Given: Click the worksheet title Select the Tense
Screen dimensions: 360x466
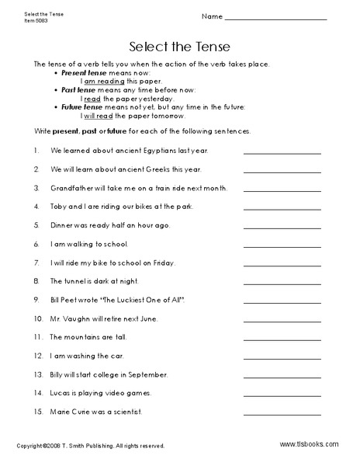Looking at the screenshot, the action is pos(179,45).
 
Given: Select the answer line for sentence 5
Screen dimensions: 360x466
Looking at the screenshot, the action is pos(282,227).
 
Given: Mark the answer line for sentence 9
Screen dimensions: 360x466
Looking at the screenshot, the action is pos(282,301).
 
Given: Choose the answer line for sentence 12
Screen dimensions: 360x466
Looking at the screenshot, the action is pos(282,356).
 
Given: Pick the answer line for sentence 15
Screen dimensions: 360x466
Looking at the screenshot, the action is pos(282,412).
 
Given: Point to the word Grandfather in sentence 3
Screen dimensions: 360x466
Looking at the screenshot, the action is pos(72,188).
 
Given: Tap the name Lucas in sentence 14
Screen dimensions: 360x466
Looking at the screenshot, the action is pos(62,392).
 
